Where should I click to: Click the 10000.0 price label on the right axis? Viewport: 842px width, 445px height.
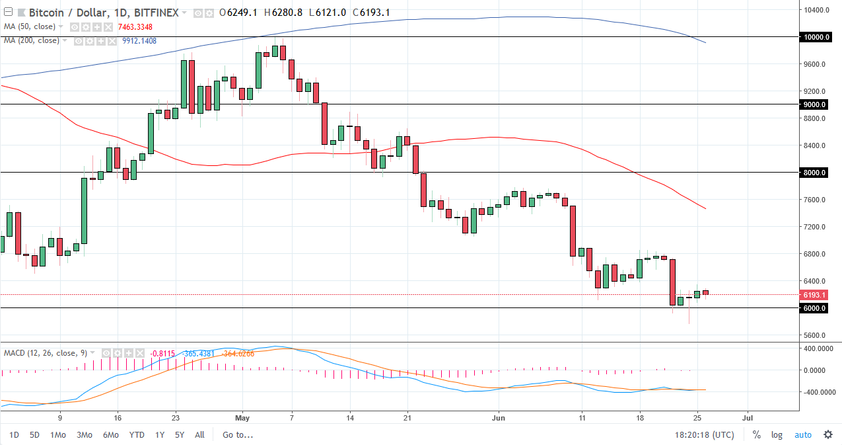pyautogui.click(x=817, y=37)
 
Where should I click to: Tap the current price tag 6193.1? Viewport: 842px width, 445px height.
pyautogui.click(x=817, y=295)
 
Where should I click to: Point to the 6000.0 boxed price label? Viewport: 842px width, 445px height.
pyautogui.click(x=817, y=308)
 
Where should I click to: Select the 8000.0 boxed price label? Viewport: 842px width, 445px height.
pyautogui.click(x=817, y=173)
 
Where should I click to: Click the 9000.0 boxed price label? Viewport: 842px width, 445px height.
pyautogui.click(x=817, y=104)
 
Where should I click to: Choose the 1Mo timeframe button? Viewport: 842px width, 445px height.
pyautogui.click(x=58, y=434)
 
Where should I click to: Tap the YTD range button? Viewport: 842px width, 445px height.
pyautogui.click(x=137, y=434)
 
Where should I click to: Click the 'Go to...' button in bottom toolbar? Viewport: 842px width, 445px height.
pyautogui.click(x=237, y=434)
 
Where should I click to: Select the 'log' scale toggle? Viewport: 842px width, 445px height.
pyautogui.click(x=777, y=434)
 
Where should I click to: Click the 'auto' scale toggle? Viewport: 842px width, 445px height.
pyautogui.click(x=802, y=434)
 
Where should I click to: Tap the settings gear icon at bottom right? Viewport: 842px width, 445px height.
pyautogui.click(x=827, y=434)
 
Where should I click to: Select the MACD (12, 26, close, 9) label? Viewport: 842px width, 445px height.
pyautogui.click(x=45, y=353)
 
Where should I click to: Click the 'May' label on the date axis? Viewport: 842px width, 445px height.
pyautogui.click(x=242, y=418)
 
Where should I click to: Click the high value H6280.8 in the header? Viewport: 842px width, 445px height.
pyautogui.click(x=284, y=13)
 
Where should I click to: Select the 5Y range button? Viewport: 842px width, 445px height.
pyautogui.click(x=179, y=434)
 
